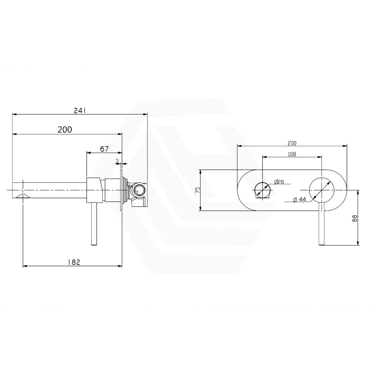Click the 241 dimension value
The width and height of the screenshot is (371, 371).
(80, 110)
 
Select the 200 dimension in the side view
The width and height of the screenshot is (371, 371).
(65, 129)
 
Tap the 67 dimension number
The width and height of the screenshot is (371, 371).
(104, 149)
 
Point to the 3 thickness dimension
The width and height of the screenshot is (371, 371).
(117, 161)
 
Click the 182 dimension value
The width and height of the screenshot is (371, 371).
(74, 262)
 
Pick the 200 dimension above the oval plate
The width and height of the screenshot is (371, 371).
(292, 143)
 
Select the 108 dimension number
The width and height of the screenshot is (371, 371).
(292, 154)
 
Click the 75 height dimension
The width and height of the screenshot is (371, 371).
(198, 190)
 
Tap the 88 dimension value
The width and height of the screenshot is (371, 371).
(355, 218)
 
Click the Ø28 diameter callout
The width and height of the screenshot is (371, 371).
(279, 182)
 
